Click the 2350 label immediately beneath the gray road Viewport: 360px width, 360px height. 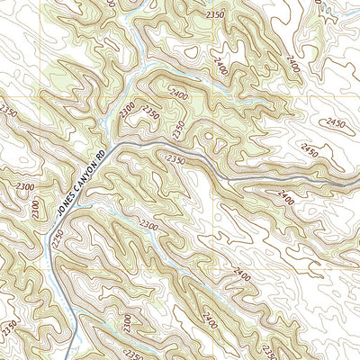pos(175,158)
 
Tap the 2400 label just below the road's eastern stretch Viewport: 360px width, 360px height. pos(286,195)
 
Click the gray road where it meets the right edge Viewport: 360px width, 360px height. pos(357,189)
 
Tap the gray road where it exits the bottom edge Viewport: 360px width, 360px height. pos(69,358)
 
